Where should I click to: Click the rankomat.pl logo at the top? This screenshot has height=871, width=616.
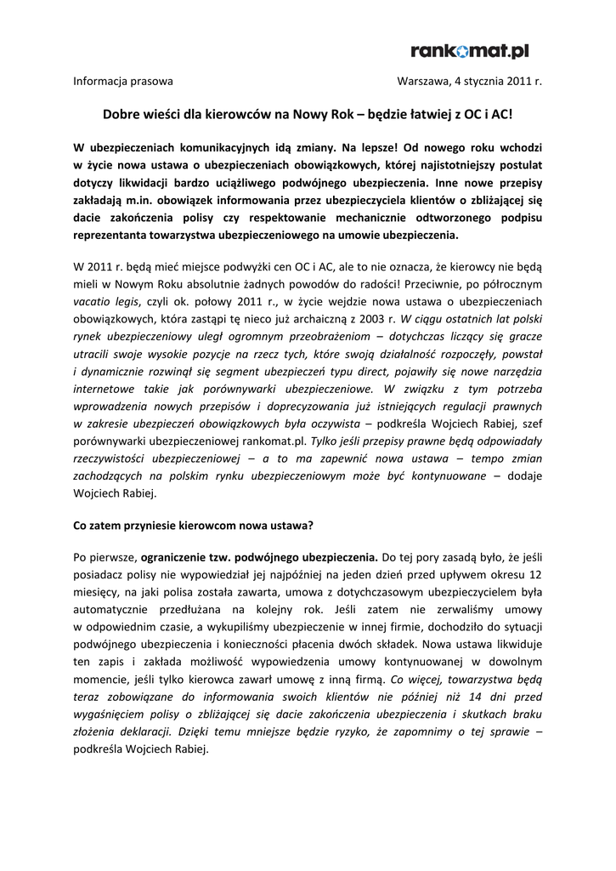(469, 52)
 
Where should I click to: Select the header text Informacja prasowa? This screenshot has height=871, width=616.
(123, 82)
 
